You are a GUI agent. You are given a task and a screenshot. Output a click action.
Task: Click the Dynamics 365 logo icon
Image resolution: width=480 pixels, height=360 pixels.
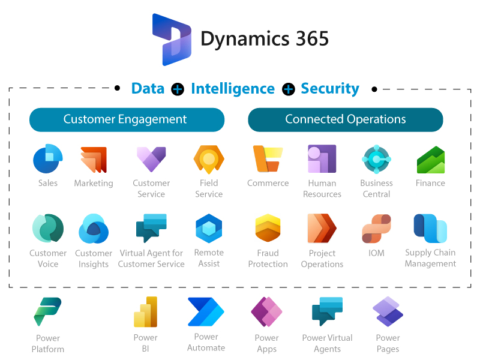coord(172,40)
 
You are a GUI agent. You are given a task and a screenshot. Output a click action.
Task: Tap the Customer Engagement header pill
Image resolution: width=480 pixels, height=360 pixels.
coord(127,119)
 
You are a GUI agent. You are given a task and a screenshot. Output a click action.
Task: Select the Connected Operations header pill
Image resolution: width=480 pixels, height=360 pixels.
coord(346,119)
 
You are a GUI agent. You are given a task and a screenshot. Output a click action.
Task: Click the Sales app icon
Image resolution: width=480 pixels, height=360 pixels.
coord(48,159)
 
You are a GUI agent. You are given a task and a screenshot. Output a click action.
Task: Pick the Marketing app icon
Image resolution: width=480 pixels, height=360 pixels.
coord(94,159)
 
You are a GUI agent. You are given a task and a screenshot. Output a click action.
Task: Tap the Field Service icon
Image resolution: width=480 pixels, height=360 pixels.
coord(209,159)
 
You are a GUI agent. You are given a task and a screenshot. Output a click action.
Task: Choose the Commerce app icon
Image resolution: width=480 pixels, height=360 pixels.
coord(268,159)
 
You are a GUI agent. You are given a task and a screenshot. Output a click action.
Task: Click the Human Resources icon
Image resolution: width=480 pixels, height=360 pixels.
coord(322,159)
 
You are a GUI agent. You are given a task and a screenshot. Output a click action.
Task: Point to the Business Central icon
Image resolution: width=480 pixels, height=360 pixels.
coord(376,159)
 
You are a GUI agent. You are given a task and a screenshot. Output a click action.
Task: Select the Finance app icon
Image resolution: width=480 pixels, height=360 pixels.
coord(430,159)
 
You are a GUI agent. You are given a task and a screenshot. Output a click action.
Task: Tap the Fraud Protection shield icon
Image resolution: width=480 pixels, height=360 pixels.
coord(268,229)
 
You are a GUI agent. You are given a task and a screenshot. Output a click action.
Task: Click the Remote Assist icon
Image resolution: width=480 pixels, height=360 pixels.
coord(209,229)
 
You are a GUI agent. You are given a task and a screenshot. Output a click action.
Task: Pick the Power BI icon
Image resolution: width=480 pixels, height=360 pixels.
coord(145,312)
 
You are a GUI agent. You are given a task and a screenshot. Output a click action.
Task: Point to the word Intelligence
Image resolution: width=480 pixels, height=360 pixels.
coord(233,89)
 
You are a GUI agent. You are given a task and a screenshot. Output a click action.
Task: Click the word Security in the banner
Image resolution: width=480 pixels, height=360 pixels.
coord(330,89)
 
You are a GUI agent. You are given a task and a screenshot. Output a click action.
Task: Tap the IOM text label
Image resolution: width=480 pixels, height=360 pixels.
coord(376,253)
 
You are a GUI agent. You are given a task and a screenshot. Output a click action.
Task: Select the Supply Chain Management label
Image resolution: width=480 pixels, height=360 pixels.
coord(430,258)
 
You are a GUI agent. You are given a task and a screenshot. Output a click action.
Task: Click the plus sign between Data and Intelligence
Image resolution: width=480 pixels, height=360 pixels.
coord(178,89)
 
